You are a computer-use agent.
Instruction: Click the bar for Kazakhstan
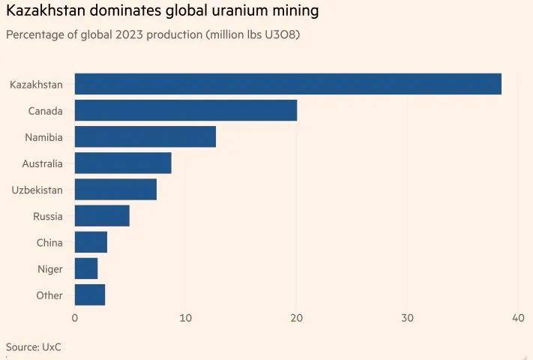click(288, 84)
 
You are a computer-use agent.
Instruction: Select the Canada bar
click(186, 110)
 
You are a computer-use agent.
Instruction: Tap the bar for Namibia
click(145, 136)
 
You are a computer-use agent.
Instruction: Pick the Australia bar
click(123, 163)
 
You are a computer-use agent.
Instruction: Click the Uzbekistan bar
click(115, 189)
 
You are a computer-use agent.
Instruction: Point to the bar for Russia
click(102, 216)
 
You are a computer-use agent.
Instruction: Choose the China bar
click(91, 242)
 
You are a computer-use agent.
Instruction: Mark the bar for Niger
click(86, 268)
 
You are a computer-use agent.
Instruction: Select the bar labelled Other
click(90, 295)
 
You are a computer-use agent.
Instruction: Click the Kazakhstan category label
click(36, 85)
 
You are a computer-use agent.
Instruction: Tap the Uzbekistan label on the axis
click(37, 190)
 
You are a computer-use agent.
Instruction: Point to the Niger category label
click(50, 269)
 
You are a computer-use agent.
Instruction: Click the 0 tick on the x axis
click(75, 318)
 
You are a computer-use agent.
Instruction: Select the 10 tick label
click(185, 318)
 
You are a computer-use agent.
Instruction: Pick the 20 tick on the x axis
click(296, 318)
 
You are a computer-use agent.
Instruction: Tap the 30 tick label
click(407, 318)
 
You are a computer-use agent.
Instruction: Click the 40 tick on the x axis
click(517, 318)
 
